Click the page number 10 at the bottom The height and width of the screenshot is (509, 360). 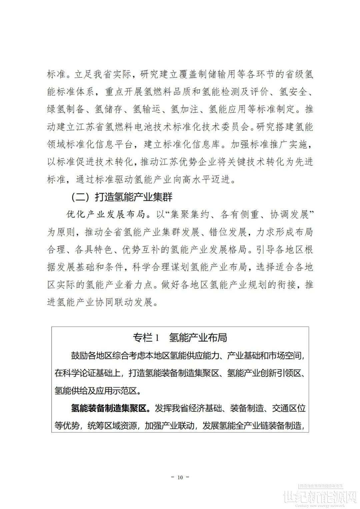[180, 477]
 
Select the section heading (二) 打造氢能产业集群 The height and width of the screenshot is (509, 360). [122, 197]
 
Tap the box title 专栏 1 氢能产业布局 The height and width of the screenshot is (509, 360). [180, 337]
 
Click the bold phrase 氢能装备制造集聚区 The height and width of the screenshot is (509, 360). [110, 408]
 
